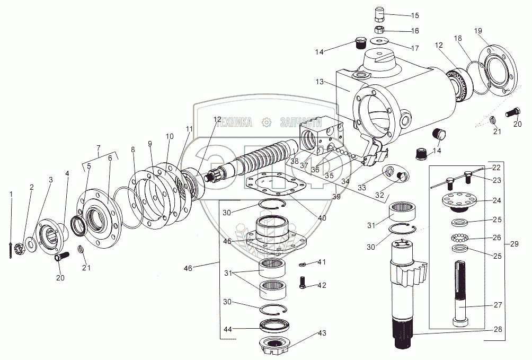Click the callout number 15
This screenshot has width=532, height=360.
click(414, 15)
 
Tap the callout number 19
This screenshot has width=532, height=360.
click(478, 31)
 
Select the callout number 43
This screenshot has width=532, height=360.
click(322, 333)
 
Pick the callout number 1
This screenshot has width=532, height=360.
click(12, 194)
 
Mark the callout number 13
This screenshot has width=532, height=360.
click(319, 83)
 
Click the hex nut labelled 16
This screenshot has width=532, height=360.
click(380, 29)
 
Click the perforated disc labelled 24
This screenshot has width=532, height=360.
click(459, 201)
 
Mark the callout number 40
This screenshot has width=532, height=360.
click(322, 218)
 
